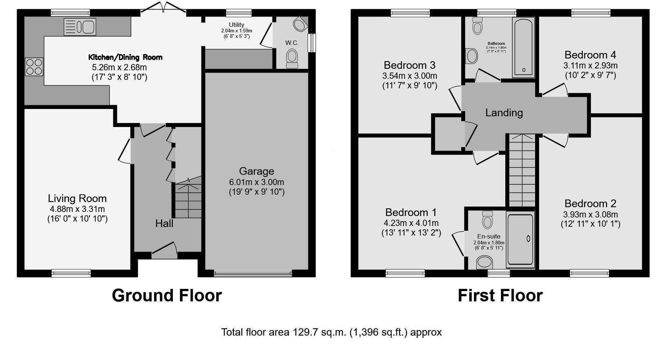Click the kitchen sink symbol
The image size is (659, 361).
[x=80, y=27]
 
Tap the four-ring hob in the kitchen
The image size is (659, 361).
[x=34, y=67]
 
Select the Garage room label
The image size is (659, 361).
[x=256, y=171]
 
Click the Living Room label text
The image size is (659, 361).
[x=77, y=198]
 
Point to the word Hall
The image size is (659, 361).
[x=164, y=223]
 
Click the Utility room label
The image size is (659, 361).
[x=236, y=25]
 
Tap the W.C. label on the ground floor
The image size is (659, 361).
[x=292, y=43]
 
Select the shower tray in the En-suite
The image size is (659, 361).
[x=520, y=239]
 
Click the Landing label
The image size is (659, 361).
[x=504, y=113]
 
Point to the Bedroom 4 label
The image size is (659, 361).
[x=590, y=55]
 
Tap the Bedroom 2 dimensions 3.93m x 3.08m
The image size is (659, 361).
[x=590, y=215]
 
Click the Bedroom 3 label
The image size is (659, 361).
[x=409, y=65]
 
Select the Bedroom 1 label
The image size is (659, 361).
[x=411, y=212]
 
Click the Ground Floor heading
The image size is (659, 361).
[x=167, y=295]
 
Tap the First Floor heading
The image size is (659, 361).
[x=500, y=295]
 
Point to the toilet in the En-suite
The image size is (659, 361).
[x=487, y=220]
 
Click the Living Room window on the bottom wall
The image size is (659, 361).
[x=71, y=273]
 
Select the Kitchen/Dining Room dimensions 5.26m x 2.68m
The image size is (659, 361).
[x=119, y=67]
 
